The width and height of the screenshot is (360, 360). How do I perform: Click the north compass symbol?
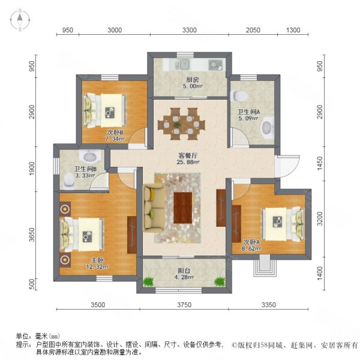click(x=19, y=20)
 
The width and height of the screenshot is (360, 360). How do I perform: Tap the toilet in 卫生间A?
click(x=242, y=94)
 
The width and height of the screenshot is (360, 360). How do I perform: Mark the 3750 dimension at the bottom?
click(x=184, y=305)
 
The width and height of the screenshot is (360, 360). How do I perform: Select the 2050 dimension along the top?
click(x=253, y=30)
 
